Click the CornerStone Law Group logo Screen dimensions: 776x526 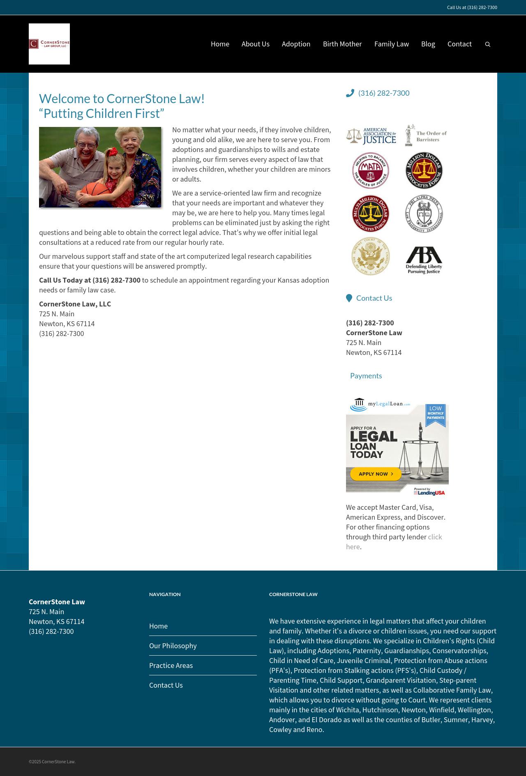tap(49, 44)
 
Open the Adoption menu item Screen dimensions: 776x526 tap(296, 44)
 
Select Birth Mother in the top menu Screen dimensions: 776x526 tap(342, 44)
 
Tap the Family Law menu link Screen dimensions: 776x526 tap(391, 44)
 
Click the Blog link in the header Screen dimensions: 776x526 tap(428, 44)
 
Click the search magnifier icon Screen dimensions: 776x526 tap(488, 44)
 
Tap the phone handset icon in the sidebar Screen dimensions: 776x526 tap(350, 93)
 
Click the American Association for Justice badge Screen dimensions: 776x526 tap(371, 136)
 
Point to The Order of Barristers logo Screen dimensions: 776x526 tap(426, 136)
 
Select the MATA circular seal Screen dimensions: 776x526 tap(371, 170)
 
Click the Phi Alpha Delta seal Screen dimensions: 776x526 tap(424, 214)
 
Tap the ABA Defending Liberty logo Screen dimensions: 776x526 tap(424, 260)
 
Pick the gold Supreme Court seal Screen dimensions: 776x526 tap(371, 256)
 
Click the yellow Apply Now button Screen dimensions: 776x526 tap(376, 474)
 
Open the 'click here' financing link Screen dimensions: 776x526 tap(435, 537)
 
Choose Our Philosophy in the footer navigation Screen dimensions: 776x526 tap(173, 646)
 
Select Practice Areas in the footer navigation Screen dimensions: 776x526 tap(171, 665)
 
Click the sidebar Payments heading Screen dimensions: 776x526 tap(366, 376)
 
